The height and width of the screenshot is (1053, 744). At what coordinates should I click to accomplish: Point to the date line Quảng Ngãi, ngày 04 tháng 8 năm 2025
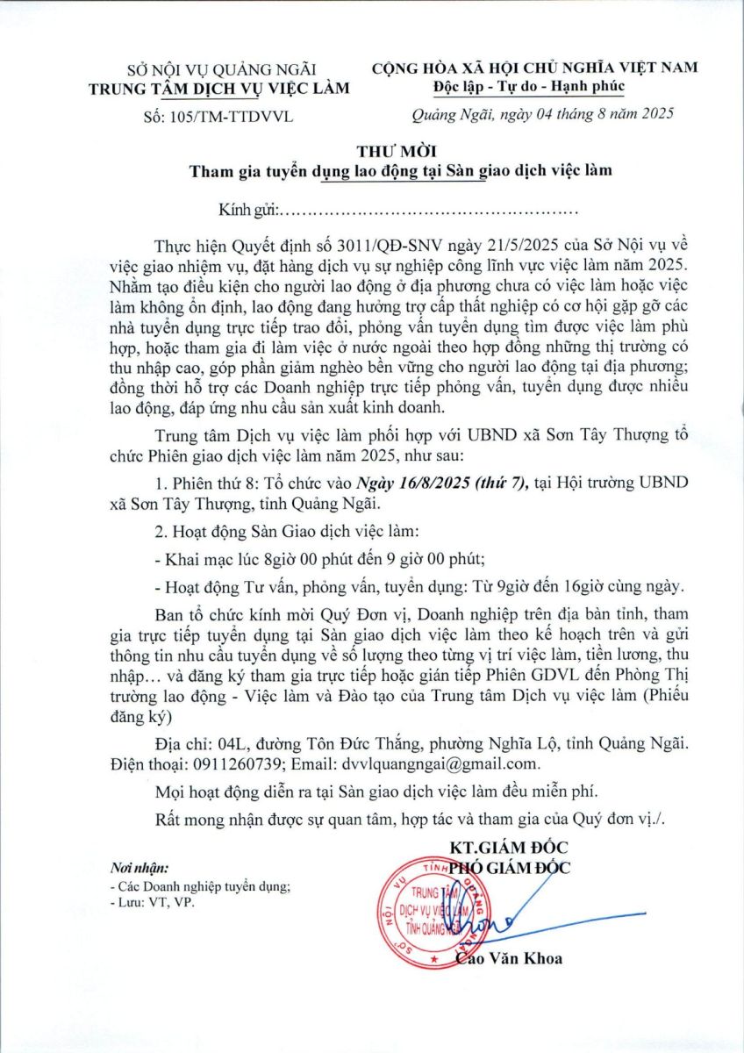(x=543, y=115)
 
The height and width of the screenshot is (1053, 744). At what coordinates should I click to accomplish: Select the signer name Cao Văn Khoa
(x=510, y=958)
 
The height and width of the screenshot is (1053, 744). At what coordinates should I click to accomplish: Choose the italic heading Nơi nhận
(x=139, y=869)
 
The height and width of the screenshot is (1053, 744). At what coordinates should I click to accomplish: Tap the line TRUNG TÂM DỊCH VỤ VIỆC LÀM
(x=225, y=87)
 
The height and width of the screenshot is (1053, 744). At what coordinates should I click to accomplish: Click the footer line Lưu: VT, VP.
(x=153, y=901)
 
